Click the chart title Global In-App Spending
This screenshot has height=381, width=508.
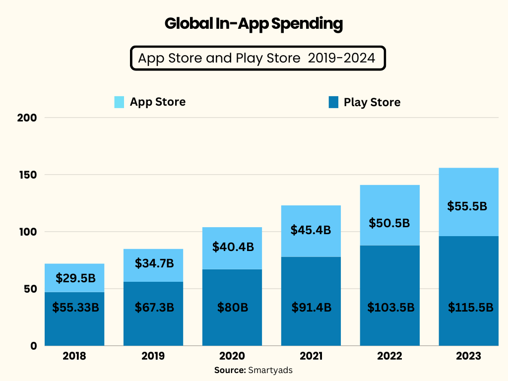254,24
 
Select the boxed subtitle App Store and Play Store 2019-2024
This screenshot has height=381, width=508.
257,58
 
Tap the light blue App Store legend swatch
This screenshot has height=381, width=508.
119,102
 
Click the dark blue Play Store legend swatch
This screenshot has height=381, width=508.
333,103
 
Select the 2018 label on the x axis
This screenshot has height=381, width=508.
74,356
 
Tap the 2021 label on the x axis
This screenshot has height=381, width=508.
311,356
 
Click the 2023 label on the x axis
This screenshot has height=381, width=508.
468,356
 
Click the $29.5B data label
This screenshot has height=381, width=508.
75,278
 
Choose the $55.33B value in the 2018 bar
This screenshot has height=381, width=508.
75,308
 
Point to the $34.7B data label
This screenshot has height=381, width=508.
154,263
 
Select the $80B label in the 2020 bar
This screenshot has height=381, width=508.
232,308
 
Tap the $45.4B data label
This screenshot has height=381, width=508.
311,230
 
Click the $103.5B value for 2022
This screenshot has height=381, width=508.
390,308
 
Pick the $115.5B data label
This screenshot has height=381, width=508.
470,308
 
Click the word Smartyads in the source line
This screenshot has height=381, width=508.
270,370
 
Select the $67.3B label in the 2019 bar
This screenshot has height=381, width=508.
154,308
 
